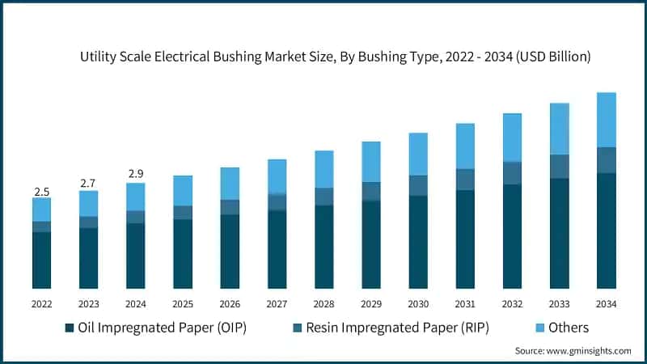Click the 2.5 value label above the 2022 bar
(x=41, y=192)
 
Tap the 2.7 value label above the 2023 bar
(x=88, y=184)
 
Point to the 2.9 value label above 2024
(x=135, y=174)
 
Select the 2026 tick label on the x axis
(x=230, y=304)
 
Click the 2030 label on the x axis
(x=417, y=304)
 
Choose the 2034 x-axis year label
(x=606, y=304)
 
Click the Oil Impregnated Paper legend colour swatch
(x=70, y=328)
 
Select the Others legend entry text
(x=569, y=328)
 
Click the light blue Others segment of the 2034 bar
(x=606, y=120)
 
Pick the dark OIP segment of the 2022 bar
(x=41, y=260)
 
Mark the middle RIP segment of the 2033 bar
(x=559, y=167)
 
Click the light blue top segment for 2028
(x=323, y=169)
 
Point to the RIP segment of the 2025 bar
(x=182, y=213)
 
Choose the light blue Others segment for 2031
(x=464, y=146)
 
